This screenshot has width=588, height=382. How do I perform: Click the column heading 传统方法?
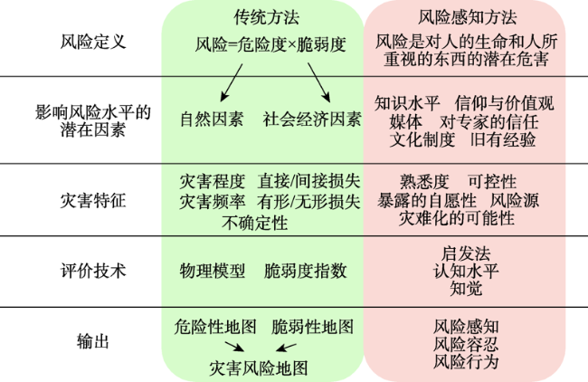[266, 17]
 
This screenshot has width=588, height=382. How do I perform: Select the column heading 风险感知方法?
[468, 17]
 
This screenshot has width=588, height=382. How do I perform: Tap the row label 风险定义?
[93, 42]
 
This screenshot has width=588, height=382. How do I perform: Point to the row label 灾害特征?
[93, 200]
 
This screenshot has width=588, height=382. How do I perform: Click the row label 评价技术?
[93, 271]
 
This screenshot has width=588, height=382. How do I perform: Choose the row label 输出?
[93, 341]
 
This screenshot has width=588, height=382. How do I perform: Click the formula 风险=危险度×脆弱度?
[270, 44]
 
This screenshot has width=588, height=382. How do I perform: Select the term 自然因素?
[212, 119]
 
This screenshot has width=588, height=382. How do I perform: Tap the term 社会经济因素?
[311, 119]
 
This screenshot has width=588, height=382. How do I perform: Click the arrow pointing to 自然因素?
[232, 82]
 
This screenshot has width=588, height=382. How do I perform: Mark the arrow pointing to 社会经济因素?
[319, 82]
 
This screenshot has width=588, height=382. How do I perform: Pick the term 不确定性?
[254, 223]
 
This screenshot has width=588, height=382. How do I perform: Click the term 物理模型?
[213, 271]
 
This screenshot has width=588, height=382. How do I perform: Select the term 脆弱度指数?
[305, 271]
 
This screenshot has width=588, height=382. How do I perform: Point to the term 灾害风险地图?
[259, 368]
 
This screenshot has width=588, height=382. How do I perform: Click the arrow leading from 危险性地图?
[234, 347]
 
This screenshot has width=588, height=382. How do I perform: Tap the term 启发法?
[466, 253]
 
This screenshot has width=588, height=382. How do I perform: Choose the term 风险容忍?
[466, 344]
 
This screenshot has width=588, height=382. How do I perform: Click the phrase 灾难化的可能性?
[456, 218]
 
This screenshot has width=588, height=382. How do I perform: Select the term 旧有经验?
[503, 139]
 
